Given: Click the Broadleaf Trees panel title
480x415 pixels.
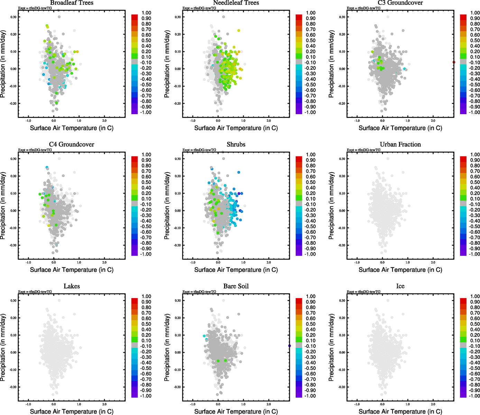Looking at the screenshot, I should [x=72, y=3].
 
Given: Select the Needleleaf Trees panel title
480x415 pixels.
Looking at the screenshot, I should [x=236, y=3].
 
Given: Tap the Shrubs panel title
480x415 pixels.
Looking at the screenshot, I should [x=236, y=145].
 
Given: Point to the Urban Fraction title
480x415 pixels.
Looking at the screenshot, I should [x=400, y=145].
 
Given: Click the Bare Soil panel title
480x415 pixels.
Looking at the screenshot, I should [x=236, y=286].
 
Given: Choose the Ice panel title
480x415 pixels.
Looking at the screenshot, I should [x=400, y=286].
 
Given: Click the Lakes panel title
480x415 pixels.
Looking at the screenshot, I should [x=72, y=286].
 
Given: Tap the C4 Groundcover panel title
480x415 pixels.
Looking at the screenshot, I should [x=72, y=145].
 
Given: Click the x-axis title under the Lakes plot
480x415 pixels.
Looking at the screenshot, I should [x=72, y=412].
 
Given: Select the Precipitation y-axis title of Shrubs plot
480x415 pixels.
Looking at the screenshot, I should [x=167, y=206].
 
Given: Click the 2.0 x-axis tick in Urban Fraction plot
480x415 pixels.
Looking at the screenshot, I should [x=433, y=262].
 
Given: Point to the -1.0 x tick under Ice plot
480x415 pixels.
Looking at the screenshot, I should [x=357, y=404].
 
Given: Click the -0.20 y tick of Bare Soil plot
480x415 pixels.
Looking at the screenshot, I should [x=177, y=387].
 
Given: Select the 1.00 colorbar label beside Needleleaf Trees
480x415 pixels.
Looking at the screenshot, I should [x=311, y=13].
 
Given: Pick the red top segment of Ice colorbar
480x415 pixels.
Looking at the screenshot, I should [x=463, y=297].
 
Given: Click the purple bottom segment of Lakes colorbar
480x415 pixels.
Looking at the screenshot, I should [x=135, y=395].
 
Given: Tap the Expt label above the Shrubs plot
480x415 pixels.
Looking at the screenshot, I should [x=199, y=150].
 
